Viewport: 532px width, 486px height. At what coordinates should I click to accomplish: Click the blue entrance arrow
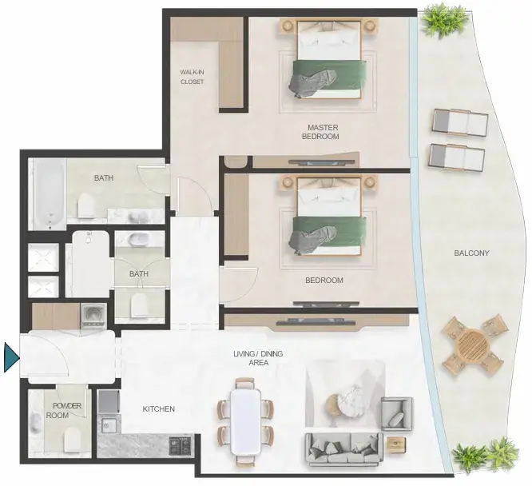(x=10, y=357)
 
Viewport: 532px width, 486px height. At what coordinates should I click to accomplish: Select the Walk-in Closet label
(x=192, y=77)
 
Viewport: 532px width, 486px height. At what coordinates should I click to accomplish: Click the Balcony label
(x=471, y=253)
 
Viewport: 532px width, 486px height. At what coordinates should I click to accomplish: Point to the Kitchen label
(x=159, y=409)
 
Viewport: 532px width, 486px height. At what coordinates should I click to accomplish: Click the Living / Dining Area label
(x=258, y=358)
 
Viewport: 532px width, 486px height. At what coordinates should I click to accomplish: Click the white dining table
(x=245, y=422)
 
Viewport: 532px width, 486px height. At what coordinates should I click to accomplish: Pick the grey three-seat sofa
(x=344, y=449)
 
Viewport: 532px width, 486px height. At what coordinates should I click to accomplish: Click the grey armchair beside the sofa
(x=397, y=414)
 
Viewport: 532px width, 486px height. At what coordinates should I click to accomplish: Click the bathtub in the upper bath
(x=50, y=194)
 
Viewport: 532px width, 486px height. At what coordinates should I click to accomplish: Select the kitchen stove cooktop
(x=181, y=445)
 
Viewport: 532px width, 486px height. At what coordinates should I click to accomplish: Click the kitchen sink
(x=109, y=425)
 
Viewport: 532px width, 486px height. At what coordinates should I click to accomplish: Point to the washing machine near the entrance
(x=93, y=316)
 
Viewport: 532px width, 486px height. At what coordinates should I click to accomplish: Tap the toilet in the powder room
(x=72, y=440)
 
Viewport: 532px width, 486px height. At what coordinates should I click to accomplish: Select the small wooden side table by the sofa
(x=397, y=443)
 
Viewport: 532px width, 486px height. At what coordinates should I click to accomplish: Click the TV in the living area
(x=316, y=321)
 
